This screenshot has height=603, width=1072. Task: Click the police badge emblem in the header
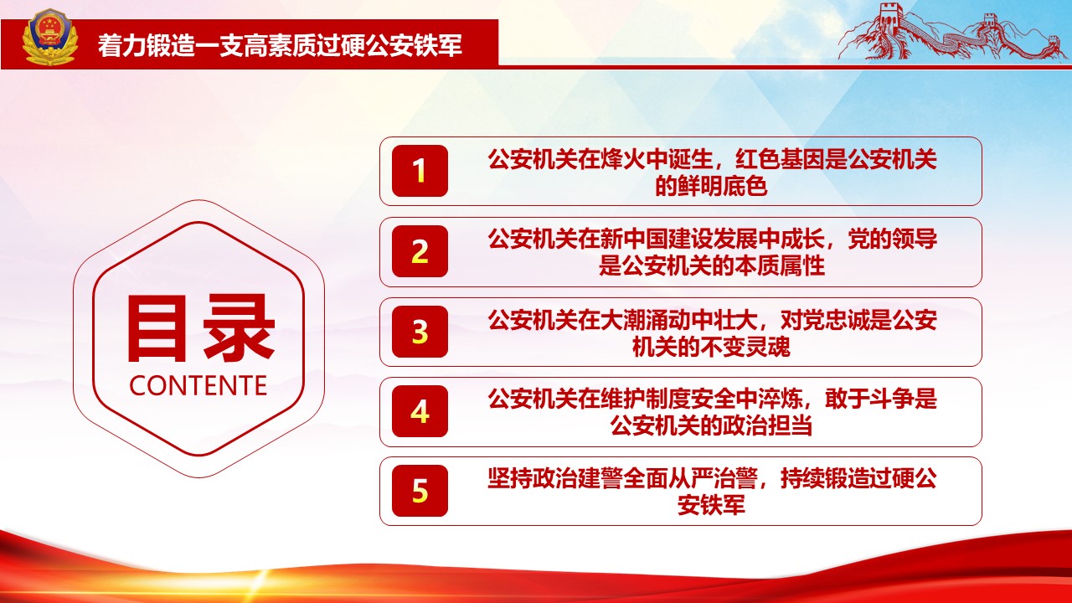point(49,39)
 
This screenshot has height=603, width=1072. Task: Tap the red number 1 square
point(420,171)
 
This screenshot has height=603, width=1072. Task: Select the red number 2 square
point(420,251)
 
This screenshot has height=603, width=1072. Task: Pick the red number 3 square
point(420,332)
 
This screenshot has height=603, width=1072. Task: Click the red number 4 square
point(420,411)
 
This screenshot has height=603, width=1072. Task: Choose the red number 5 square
point(420,491)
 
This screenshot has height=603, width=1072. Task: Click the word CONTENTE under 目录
point(198,386)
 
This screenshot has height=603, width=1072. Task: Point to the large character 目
point(156,328)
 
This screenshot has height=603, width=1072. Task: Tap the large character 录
point(239,328)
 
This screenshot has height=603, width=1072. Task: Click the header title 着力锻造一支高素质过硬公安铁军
point(280,45)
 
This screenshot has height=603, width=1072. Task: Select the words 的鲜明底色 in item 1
point(711,186)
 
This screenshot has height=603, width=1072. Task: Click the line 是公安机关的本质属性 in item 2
point(712,266)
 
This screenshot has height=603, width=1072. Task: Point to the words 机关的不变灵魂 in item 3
point(711,347)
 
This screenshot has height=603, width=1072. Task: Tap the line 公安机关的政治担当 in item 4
point(711,426)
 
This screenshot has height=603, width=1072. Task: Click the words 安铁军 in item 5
point(711,505)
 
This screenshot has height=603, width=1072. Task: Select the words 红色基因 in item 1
point(780,159)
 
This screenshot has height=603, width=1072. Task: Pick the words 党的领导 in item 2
point(892,240)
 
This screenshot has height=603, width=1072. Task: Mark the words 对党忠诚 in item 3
point(825,320)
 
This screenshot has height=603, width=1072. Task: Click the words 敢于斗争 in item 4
point(869,399)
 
